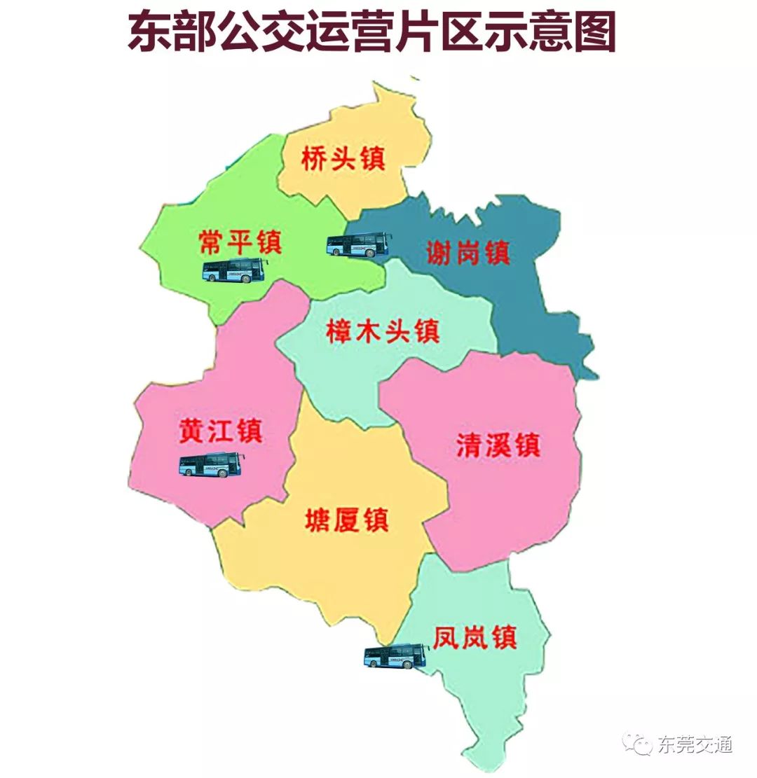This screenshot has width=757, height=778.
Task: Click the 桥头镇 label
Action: [343, 159]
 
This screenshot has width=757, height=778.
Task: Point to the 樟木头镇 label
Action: [383, 331]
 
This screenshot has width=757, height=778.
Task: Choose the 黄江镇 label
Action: [220, 430]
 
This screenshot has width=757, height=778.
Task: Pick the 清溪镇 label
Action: [498, 445]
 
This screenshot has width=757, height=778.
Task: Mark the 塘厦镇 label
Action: [347, 520]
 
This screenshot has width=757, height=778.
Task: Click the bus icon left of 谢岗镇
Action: [358, 244]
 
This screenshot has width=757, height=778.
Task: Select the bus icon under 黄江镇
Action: [212, 465]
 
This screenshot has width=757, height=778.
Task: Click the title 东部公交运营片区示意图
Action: [371, 32]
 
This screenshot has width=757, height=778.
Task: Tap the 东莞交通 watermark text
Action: [695, 744]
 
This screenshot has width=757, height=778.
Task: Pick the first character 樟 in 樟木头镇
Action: [340, 331]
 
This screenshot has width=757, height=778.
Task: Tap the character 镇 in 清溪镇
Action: [527, 445]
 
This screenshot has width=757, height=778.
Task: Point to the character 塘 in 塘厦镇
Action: [318, 520]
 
